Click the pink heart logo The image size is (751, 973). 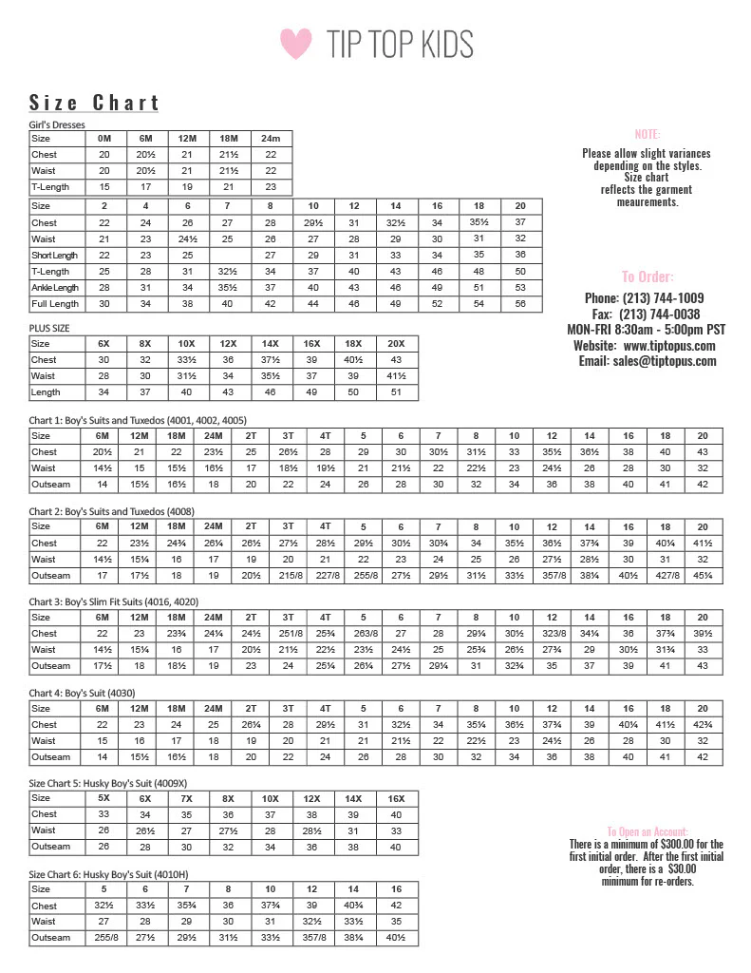click(296, 43)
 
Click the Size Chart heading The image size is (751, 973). click(94, 103)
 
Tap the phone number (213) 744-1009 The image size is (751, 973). click(664, 298)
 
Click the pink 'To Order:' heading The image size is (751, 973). click(648, 277)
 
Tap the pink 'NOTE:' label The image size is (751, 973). click(647, 134)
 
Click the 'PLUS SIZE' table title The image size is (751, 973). click(49, 328)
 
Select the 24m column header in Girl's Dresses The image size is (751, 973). click(271, 139)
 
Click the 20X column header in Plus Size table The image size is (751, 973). click(396, 344)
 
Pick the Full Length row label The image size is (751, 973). click(55, 304)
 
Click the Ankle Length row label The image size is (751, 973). click(55, 288)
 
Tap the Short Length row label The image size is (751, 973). click(55, 256)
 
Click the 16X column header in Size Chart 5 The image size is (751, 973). click(396, 799)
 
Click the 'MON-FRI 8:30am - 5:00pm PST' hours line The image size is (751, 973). click(646, 330)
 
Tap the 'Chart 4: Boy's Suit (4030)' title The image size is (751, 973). click(87, 693)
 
